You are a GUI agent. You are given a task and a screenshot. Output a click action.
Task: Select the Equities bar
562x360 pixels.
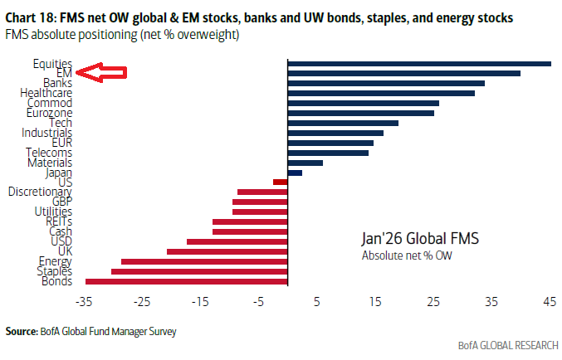(419, 63)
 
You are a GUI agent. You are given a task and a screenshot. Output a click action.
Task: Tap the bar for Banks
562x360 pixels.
(386, 83)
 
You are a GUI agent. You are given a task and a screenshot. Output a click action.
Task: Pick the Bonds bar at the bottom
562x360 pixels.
(187, 280)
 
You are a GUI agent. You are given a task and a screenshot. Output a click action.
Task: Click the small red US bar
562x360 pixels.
(281, 182)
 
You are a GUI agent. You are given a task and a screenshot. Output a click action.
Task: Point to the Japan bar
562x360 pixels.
(295, 172)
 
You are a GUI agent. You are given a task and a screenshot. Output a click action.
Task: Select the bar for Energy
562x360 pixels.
(204, 260)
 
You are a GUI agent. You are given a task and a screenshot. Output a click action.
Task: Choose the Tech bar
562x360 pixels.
(343, 123)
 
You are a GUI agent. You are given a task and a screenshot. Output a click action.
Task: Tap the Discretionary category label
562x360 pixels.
(40, 192)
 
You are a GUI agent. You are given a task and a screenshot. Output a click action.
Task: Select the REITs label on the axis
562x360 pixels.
(58, 221)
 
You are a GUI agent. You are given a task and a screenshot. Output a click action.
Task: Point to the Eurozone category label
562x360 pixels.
(49, 113)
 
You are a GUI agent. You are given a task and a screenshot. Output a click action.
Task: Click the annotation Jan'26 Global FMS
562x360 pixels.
(420, 238)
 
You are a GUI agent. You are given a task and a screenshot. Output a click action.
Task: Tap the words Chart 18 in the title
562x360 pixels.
(31, 17)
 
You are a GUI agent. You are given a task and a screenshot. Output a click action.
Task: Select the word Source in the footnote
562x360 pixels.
(22, 332)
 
